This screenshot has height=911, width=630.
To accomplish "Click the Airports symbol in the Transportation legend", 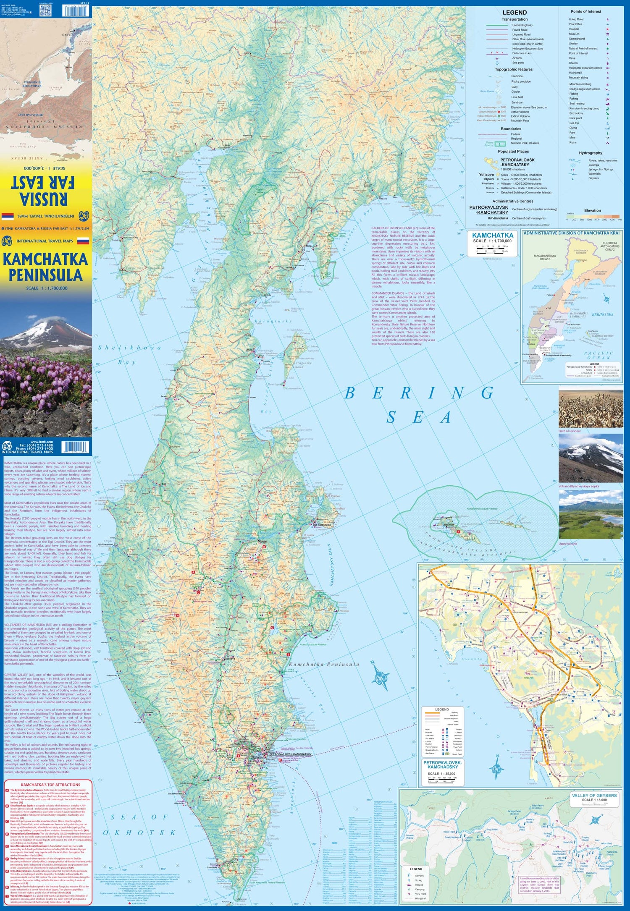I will tap(497, 58).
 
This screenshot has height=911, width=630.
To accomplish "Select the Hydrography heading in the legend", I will tap(590, 153).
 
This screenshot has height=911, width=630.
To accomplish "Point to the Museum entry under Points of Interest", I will tap(574, 34).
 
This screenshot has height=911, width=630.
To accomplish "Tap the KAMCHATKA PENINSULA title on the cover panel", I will tap(45, 267).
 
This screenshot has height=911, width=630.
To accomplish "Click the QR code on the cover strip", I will tap(46, 11).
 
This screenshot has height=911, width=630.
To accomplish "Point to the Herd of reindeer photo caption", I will tap(570, 431).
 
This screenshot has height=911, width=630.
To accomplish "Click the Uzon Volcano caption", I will tap(568, 544).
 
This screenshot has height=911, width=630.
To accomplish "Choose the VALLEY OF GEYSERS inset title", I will tap(594, 796).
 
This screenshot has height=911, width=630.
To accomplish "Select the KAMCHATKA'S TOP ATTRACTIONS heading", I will tap(50, 785).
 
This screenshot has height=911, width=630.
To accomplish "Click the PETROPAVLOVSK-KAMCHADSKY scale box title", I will tap(442, 764).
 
